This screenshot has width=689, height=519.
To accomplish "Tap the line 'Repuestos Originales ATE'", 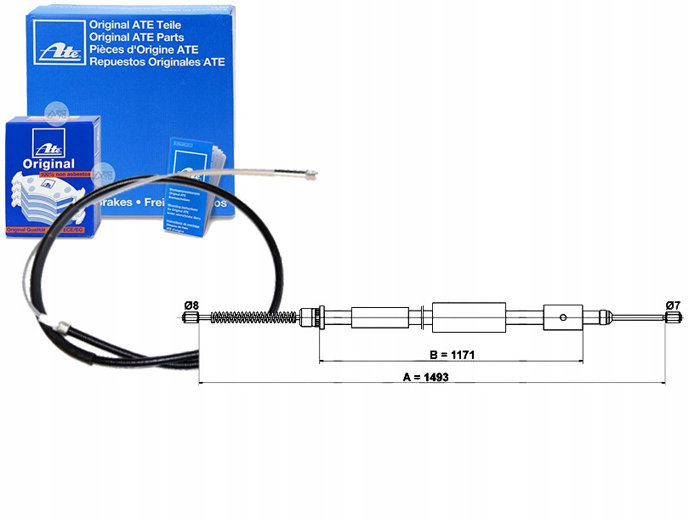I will (x=157, y=62).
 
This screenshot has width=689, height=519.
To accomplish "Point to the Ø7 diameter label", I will (x=672, y=305).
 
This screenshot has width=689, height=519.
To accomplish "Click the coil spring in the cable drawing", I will (x=251, y=318).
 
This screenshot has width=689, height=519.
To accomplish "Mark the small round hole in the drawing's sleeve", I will (x=563, y=319).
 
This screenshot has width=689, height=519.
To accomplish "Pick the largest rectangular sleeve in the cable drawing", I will (x=469, y=318).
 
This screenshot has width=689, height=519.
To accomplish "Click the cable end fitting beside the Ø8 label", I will (x=191, y=318).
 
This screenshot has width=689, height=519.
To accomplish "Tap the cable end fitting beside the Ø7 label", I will (x=672, y=318).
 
